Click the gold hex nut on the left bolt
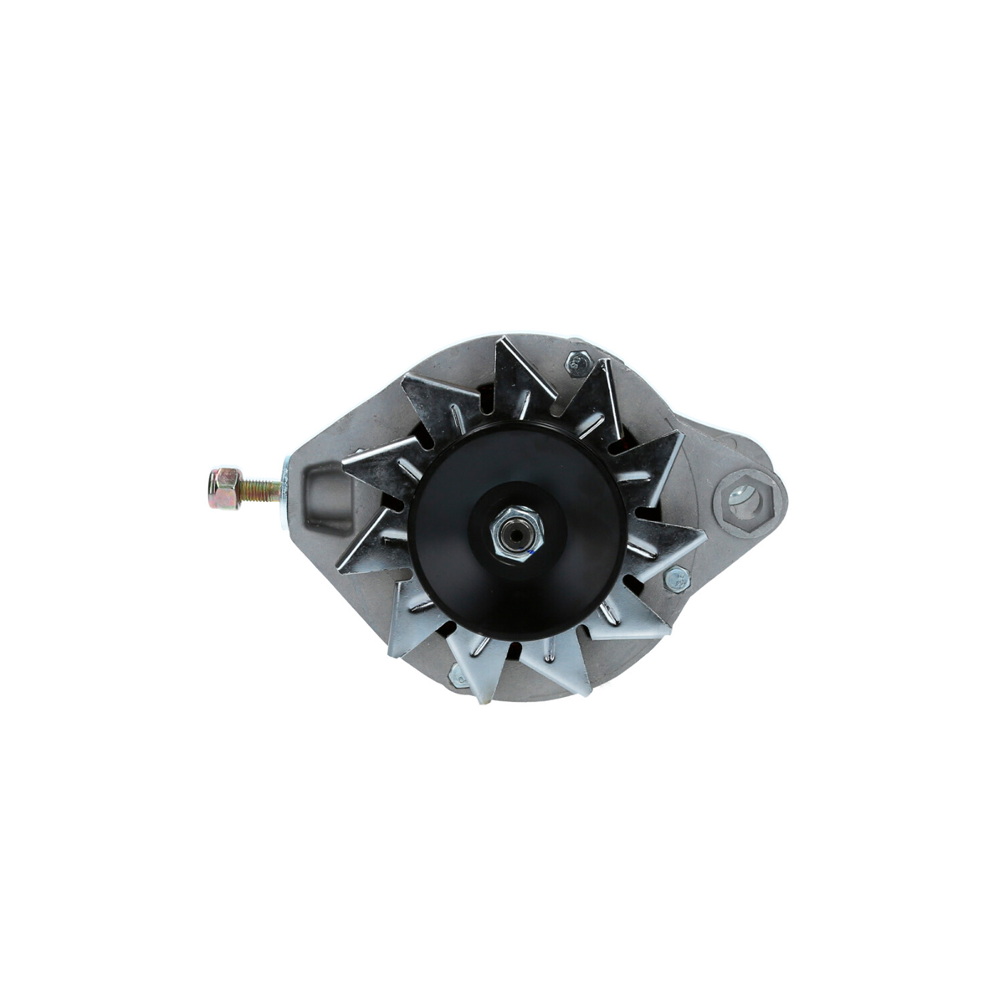224,489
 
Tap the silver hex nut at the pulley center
517,533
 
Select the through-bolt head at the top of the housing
576,362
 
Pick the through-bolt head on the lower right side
676,577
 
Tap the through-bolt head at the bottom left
459,676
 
